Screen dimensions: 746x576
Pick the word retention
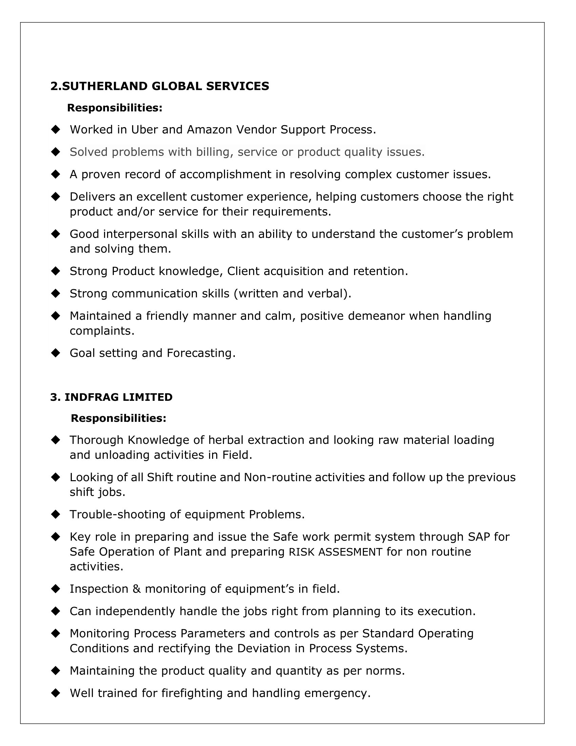pos(380,271)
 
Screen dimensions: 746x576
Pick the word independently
pos(136,611)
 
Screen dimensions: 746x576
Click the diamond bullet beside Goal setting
pos(55,353)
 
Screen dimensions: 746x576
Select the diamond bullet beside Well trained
pos(55,693)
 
